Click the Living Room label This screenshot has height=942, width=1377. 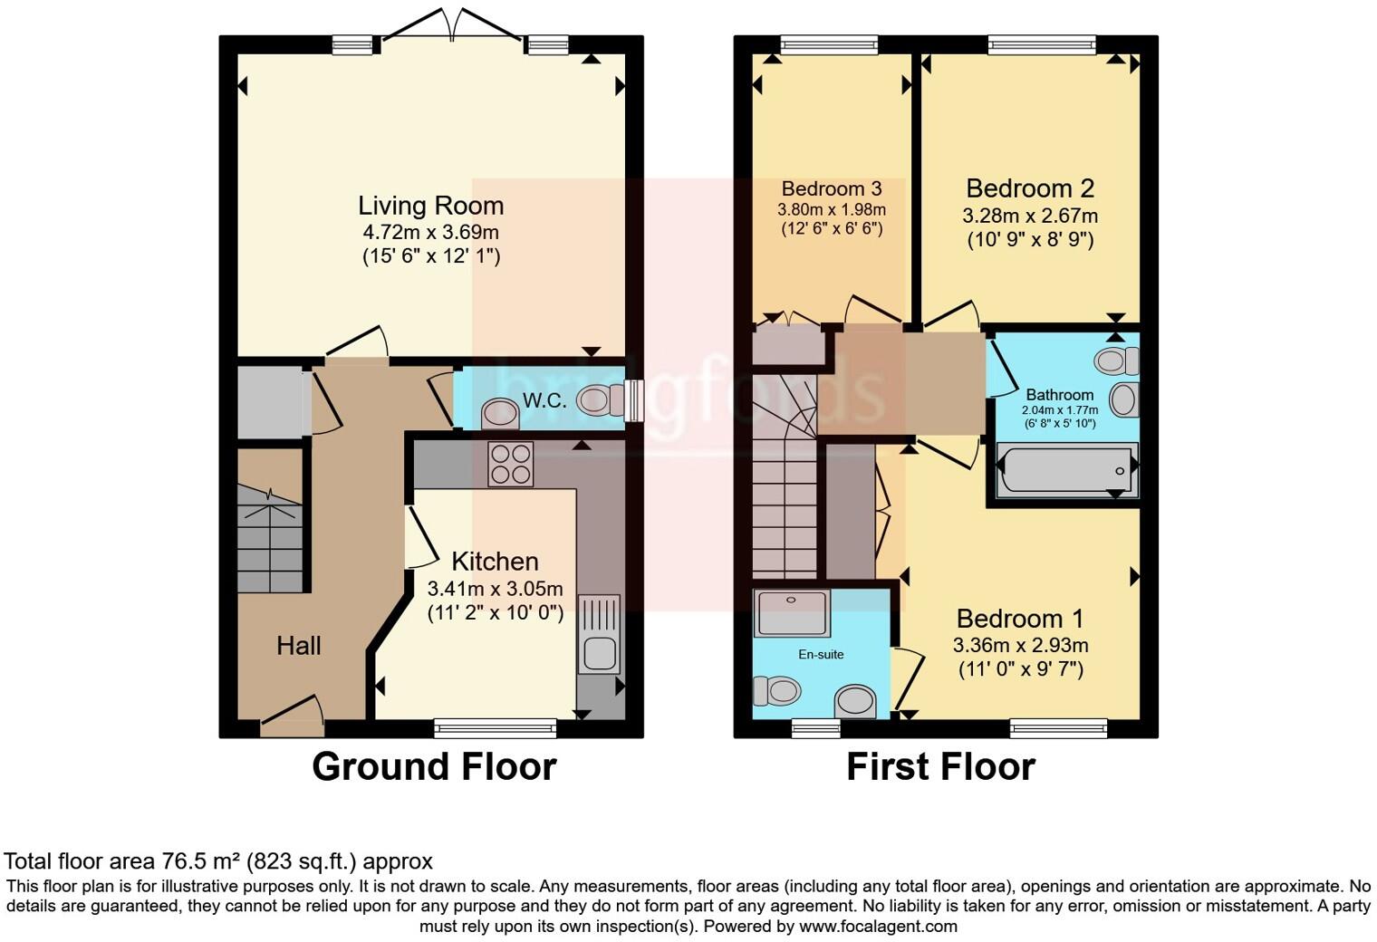tap(431, 206)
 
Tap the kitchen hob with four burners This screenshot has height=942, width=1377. tap(511, 465)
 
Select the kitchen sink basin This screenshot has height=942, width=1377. tap(600, 654)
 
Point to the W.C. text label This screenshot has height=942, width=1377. tap(544, 400)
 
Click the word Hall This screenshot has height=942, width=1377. tap(299, 646)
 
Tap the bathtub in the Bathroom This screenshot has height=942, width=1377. tap(1067, 469)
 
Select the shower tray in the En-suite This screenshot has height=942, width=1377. tap(792, 613)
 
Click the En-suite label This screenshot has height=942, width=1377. tap(822, 655)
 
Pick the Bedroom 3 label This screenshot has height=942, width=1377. tap(832, 188)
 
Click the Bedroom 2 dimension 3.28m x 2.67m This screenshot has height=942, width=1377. tap(1030, 216)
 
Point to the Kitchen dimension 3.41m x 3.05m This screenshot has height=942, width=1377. tap(495, 589)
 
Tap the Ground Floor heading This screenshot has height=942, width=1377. tap(435, 767)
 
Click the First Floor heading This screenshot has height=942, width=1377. tap(941, 767)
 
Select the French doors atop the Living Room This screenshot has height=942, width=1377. tap(452, 25)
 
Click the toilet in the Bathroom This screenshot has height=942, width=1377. tap(1116, 360)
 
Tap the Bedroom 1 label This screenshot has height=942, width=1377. tap(1020, 618)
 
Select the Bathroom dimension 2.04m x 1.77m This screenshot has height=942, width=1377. tap(1060, 409)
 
